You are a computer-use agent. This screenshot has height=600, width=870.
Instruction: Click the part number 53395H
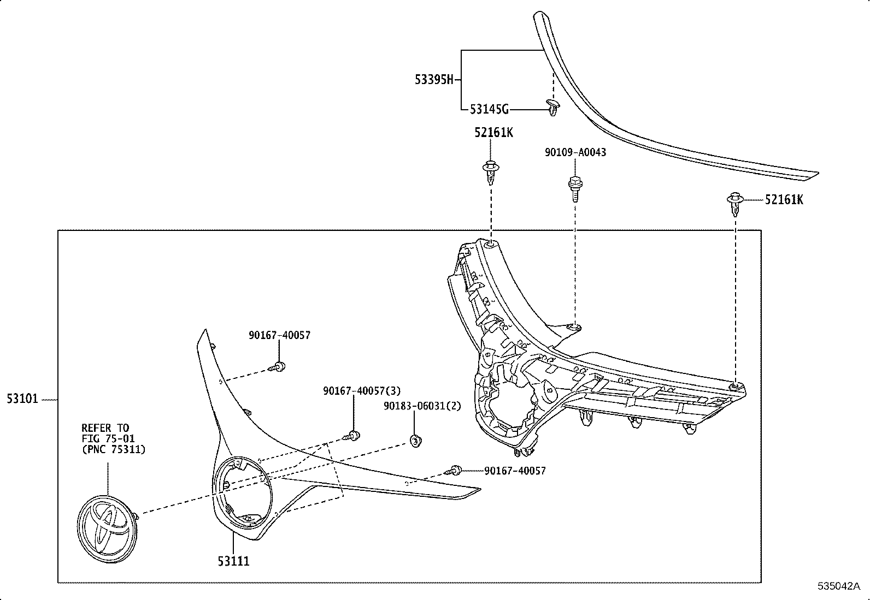[434, 80]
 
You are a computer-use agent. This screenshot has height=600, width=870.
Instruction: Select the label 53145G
[489, 110]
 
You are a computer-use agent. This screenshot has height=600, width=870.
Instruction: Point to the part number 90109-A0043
[575, 152]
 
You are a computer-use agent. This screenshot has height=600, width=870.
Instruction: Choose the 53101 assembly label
[22, 399]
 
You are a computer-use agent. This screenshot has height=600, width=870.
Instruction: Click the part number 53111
[233, 561]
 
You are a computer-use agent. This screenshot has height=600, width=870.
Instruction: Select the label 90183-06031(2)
[422, 406]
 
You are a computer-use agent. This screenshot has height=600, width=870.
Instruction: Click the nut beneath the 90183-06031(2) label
[415, 440]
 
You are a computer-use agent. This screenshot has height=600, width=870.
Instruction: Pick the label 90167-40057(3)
[362, 391]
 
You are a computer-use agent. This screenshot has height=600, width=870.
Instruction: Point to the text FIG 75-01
[108, 438]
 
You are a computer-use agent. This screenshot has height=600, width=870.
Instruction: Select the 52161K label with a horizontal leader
[784, 200]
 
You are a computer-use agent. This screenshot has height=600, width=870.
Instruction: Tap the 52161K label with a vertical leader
[493, 133]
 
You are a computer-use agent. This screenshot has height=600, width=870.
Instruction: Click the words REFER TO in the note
[105, 428]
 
